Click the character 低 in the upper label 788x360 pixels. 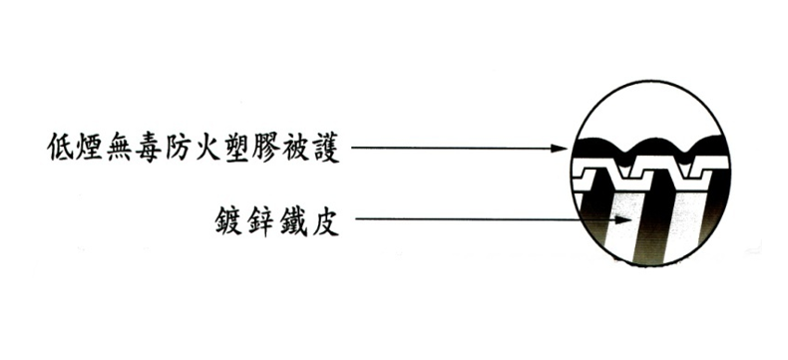click(62, 150)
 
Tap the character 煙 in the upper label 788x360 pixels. click(93, 150)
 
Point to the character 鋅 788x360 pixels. click(261, 218)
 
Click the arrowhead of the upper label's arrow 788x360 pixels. click(561, 150)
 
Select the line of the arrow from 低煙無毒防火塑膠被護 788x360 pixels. click(449, 150)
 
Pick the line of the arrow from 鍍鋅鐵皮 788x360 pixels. click(479, 218)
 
